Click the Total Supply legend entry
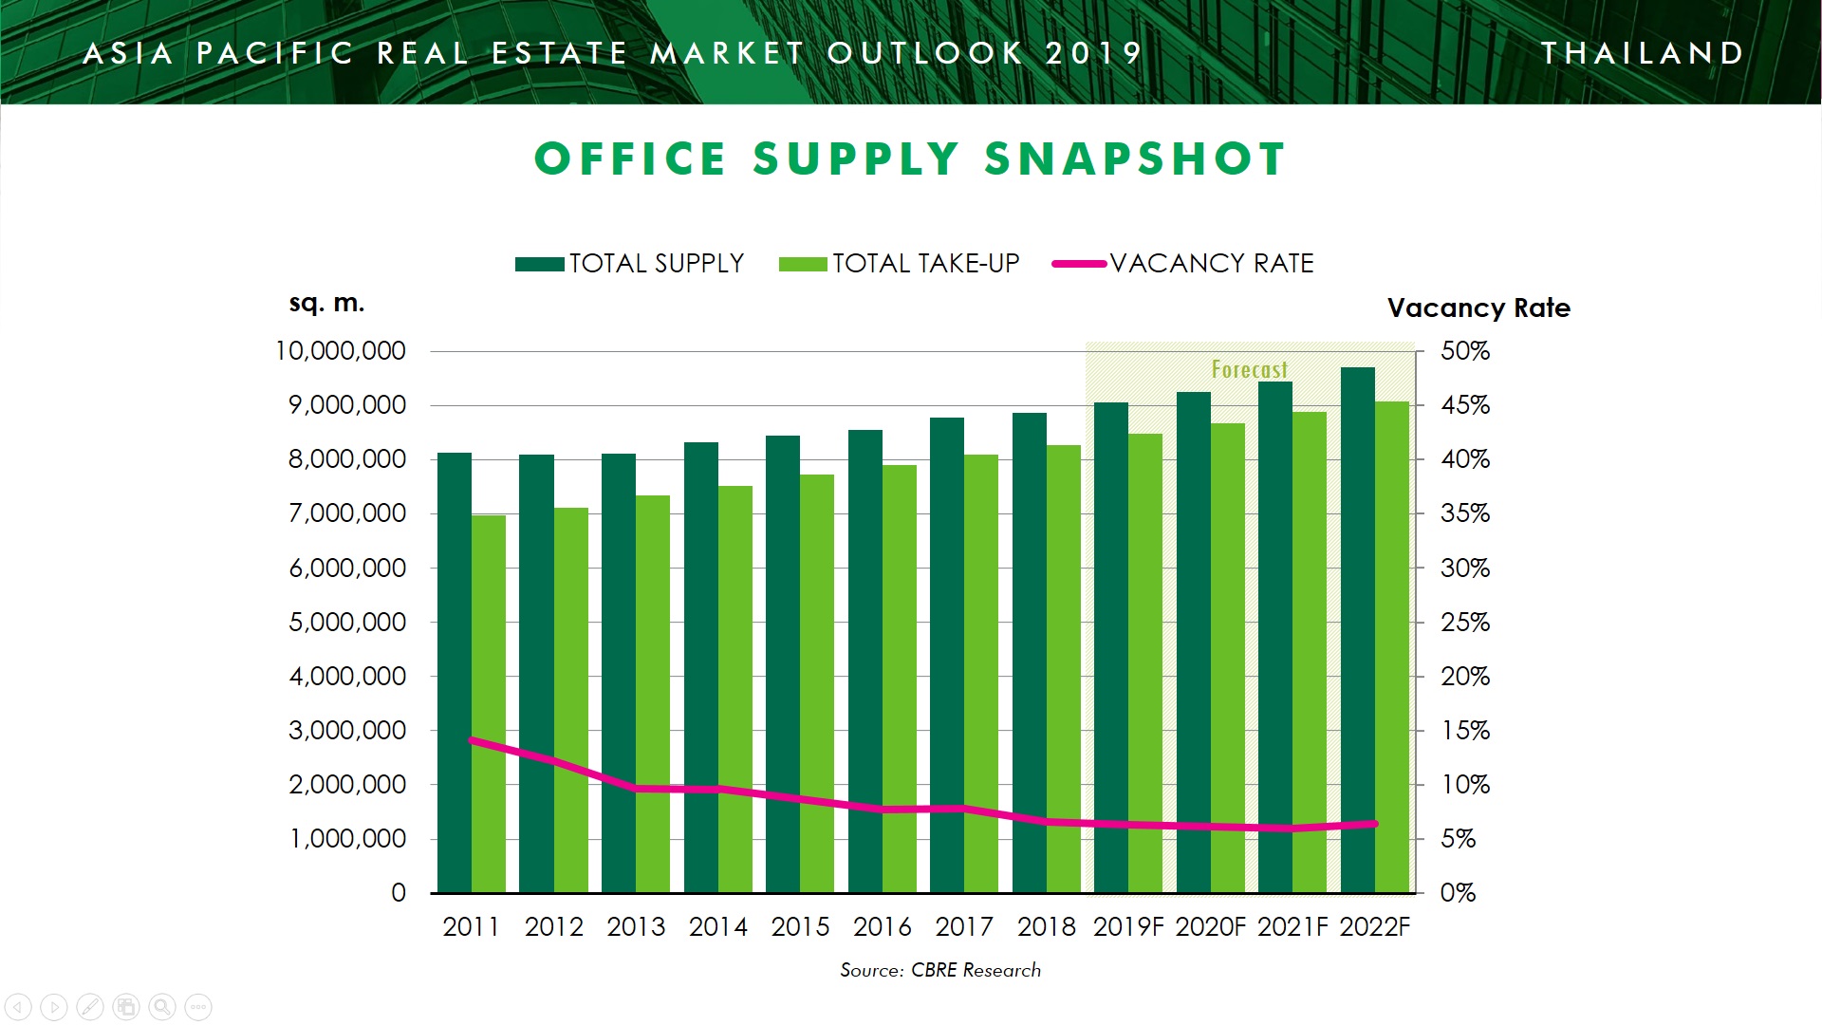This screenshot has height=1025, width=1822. click(x=630, y=264)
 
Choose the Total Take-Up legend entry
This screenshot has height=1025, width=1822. click(x=899, y=264)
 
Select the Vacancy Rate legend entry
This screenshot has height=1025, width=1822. click(x=1183, y=264)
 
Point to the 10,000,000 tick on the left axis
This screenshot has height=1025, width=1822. click(x=340, y=351)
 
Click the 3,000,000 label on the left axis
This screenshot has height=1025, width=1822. click(x=347, y=731)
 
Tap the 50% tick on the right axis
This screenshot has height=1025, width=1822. click(x=1464, y=351)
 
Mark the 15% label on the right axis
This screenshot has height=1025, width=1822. click(x=1464, y=731)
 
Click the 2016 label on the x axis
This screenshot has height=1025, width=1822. click(x=882, y=926)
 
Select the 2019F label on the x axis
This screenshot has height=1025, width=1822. click(x=1127, y=926)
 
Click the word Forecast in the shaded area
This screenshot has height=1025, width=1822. click(x=1249, y=369)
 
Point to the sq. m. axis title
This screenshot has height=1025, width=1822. click(x=326, y=304)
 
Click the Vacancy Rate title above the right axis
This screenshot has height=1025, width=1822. click(x=1478, y=307)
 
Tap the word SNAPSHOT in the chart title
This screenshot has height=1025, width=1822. click(x=1135, y=158)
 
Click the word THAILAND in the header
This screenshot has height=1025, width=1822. click(x=1643, y=53)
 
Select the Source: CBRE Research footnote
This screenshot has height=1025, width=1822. click(x=940, y=970)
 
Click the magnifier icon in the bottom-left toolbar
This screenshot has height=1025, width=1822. click(x=162, y=1006)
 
